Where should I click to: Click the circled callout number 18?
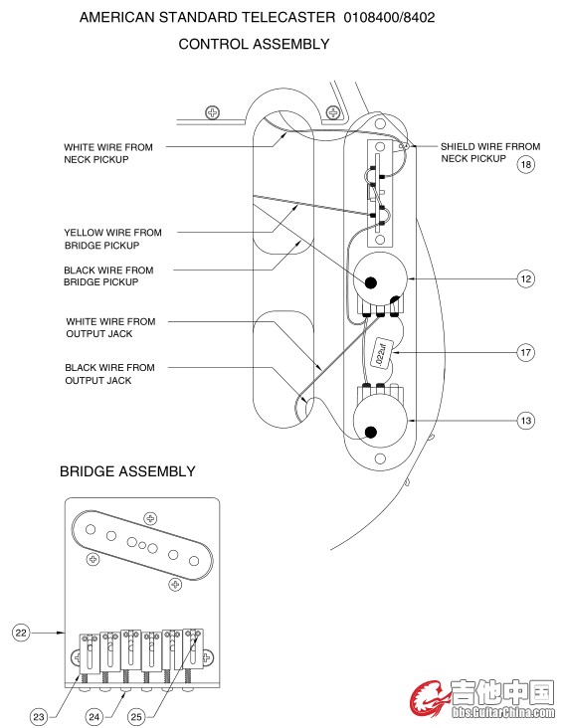pos(526,164)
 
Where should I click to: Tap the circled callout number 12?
pos(526,279)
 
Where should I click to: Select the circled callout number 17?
pos(526,352)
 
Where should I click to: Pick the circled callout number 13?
pos(526,421)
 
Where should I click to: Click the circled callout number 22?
pos(21,633)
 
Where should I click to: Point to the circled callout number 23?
pos(39,717)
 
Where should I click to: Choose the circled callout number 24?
pos(94,717)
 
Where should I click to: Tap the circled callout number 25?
pos(136,717)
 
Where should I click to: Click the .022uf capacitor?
pos(381,353)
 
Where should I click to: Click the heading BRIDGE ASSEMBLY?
pos(127,471)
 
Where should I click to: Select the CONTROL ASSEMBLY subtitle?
pos(254,44)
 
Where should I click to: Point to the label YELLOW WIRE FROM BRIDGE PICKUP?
pos(112,239)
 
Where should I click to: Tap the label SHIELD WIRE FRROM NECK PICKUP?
pos(490,152)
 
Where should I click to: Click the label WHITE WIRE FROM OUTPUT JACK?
pos(110,327)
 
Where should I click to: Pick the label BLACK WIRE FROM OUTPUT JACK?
pos(109,374)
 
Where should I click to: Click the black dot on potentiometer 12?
pos(371,282)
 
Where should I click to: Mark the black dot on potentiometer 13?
pos(371,433)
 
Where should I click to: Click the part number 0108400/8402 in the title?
pos(389,18)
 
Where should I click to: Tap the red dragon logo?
pos(429,699)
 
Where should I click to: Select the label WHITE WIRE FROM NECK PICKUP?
pos(108,153)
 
